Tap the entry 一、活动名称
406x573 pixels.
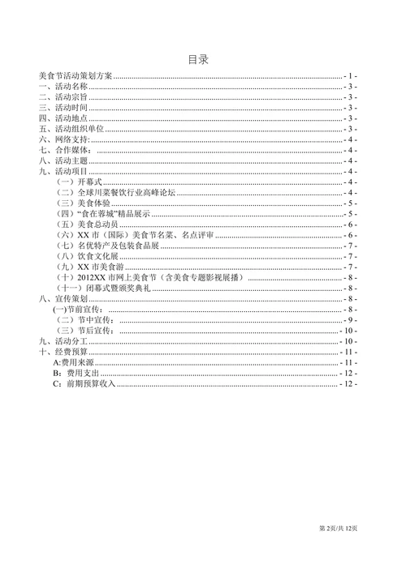(63, 86)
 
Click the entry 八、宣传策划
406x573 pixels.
(63, 299)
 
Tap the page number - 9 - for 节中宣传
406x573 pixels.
(350, 320)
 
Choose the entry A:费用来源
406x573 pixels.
(71, 363)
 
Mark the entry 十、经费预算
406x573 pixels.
(63, 353)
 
